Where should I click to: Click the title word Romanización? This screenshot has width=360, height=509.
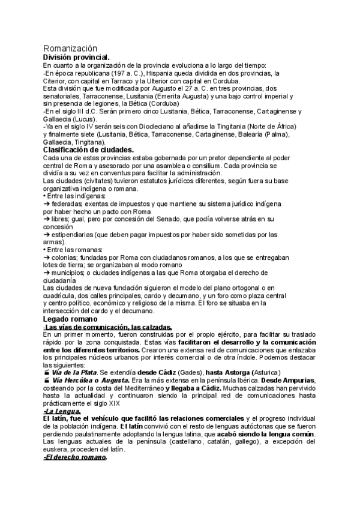71,49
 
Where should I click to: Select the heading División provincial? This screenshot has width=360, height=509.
76,57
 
